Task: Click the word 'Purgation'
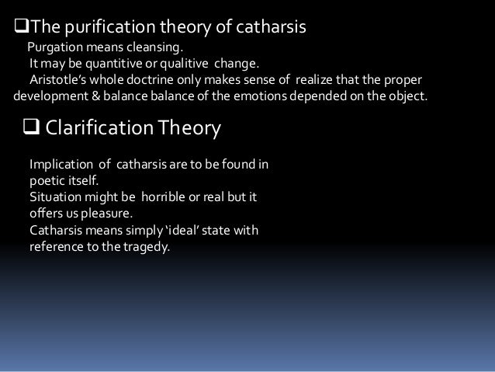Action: [55, 47]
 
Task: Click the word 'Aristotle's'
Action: [59, 80]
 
